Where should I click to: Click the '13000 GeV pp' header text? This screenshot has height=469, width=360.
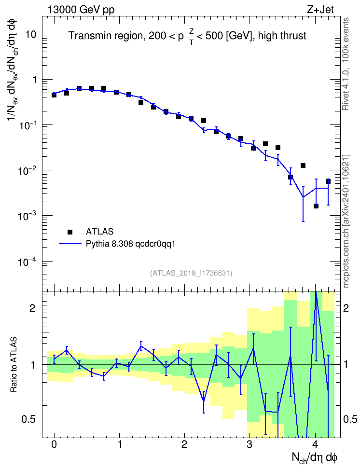pyautogui.click(x=81, y=10)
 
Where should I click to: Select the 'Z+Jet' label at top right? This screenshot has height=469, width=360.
pyautogui.click(x=320, y=10)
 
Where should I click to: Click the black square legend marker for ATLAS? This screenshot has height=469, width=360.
pyautogui.click(x=70, y=232)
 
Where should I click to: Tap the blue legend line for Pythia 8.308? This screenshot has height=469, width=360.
pyautogui.click(x=70, y=244)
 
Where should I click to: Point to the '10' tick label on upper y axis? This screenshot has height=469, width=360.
pyautogui.click(x=30, y=34)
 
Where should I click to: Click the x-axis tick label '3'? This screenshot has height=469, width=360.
pyautogui.click(x=249, y=444)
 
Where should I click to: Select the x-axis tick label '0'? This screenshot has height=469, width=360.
pyautogui.click(x=54, y=444)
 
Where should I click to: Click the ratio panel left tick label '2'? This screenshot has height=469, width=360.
pyautogui.click(x=32, y=308)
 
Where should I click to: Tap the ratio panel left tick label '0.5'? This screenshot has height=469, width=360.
pyautogui.click(x=29, y=419)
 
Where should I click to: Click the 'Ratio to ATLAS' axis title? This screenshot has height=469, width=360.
pyautogui.click(x=14, y=364)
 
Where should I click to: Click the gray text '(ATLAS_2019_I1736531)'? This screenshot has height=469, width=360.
pyautogui.click(x=191, y=273)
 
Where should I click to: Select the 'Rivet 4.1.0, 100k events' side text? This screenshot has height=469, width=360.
pyautogui.click(x=346, y=64)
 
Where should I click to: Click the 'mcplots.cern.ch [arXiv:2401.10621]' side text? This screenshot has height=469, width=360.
pyautogui.click(x=346, y=221)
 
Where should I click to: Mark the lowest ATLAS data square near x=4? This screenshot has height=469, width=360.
pyautogui.click(x=316, y=206)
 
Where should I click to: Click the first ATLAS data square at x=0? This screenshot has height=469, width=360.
pyautogui.click(x=54, y=95)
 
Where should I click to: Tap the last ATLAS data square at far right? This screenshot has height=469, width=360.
pyautogui.click(x=328, y=181)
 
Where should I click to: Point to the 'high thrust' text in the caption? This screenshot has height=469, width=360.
pyautogui.click(x=282, y=36)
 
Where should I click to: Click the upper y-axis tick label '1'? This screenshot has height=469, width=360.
pyautogui.click(x=34, y=80)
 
